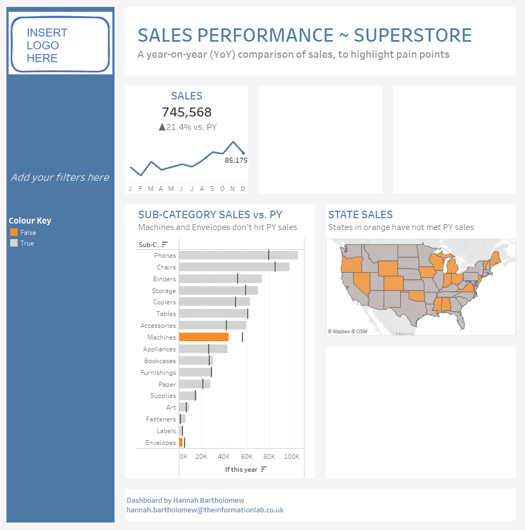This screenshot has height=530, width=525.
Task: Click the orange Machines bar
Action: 204,337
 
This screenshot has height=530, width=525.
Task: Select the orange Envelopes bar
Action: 181,442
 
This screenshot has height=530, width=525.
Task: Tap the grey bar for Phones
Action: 238,255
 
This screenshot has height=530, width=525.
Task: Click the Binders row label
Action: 164,279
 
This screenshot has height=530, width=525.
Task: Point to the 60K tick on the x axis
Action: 247,457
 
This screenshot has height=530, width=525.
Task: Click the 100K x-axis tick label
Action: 292,457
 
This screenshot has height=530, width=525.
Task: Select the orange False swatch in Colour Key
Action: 14,233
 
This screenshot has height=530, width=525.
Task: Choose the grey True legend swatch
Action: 14,243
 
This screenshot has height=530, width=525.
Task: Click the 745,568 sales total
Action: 187,112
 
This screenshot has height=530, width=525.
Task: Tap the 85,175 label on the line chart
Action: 236,160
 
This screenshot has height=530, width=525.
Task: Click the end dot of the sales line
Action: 244,153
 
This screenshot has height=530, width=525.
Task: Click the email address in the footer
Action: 205,510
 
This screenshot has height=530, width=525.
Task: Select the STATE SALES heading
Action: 360,215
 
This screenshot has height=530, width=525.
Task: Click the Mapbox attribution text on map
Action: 347,332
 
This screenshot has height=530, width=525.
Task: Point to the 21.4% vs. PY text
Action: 187,127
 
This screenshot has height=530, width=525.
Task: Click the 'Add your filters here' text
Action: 60,178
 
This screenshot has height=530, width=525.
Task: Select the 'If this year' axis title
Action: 241,470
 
